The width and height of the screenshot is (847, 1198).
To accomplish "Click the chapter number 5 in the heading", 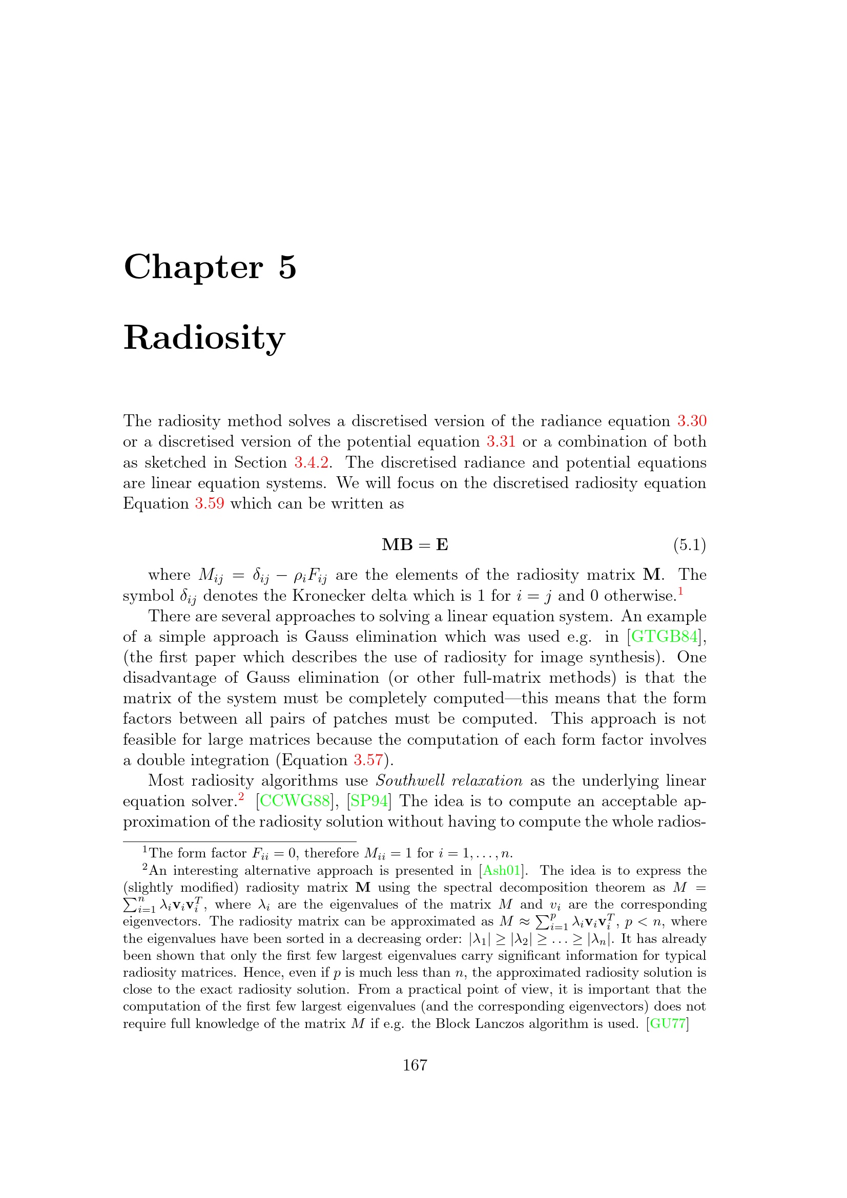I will (x=287, y=268).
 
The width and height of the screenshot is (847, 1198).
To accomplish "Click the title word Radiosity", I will (x=204, y=338).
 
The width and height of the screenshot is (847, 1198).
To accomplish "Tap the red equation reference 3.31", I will (x=501, y=442).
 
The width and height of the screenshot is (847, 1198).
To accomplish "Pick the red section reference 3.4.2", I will (x=311, y=463).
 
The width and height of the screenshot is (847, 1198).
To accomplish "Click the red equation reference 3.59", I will (x=209, y=503).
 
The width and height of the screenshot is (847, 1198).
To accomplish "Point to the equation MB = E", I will (x=415, y=545).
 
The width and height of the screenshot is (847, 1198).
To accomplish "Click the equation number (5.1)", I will (x=689, y=545).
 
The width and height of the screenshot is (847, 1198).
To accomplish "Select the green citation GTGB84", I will (x=665, y=637).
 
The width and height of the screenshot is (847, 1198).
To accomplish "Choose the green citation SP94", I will (x=369, y=801).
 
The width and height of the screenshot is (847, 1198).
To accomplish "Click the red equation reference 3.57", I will (x=368, y=760).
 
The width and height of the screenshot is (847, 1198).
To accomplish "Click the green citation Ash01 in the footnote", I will (x=502, y=870).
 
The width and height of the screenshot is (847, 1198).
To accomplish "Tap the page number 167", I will (x=415, y=1065).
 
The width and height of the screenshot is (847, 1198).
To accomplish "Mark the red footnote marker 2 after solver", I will (x=241, y=796).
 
